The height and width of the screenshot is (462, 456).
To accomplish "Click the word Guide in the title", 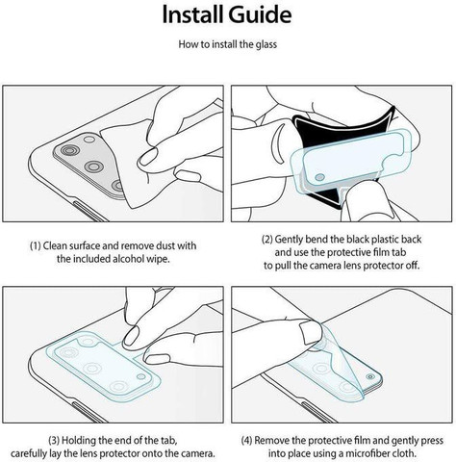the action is point(260,15).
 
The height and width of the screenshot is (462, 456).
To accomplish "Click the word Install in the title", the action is point(192,14).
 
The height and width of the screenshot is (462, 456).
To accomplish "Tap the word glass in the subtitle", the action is point(266,44).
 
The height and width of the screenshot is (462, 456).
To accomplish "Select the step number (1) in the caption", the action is point(36,245).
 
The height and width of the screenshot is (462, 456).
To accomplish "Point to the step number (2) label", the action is point(267,240).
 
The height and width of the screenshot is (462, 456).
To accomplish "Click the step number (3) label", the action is point(54,440).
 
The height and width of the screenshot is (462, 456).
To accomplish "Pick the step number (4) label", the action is point(246,440).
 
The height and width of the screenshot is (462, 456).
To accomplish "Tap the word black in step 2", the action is point(354,240).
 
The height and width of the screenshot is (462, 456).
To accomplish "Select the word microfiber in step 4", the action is point(366,453).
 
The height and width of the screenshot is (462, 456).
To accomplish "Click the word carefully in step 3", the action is point(27,454).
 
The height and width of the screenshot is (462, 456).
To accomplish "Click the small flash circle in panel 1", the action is point(89,140).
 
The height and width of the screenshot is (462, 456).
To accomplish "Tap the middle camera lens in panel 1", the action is point(94,167).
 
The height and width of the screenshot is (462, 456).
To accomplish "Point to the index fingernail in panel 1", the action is point(148,157).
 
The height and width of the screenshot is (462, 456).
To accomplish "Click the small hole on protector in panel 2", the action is point(319,177).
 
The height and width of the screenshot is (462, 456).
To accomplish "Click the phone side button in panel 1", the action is point(90,212).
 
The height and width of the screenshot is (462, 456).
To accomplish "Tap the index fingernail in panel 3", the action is point(131,336).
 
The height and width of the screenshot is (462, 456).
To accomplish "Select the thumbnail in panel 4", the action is point(311,333).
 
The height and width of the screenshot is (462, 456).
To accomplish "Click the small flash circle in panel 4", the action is point(370,376).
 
